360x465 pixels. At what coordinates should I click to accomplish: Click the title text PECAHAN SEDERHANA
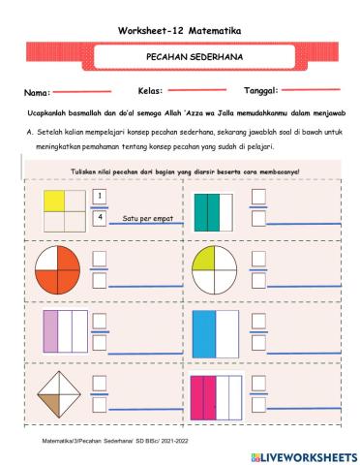coord(180,58)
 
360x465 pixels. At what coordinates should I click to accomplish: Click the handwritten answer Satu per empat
coord(147,219)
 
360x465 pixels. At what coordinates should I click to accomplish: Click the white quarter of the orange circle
coord(45,274)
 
